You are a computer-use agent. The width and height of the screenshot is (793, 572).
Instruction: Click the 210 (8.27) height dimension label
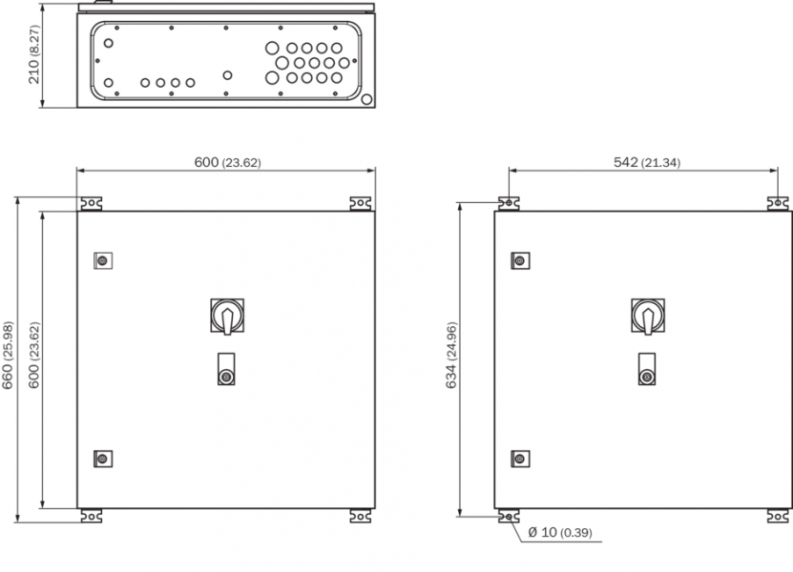point(34,54)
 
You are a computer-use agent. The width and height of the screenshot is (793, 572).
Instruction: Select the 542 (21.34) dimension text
point(647,162)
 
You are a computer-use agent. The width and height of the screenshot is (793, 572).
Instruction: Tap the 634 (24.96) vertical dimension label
point(451,356)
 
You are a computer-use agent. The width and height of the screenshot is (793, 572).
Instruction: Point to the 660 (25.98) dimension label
point(8,356)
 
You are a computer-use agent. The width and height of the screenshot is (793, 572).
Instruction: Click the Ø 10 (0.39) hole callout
point(560,532)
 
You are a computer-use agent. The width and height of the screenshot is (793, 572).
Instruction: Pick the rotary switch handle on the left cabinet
point(227,316)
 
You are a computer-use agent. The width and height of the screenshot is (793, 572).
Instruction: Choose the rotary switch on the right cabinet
point(648,316)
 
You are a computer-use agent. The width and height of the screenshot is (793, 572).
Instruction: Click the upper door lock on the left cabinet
point(103,260)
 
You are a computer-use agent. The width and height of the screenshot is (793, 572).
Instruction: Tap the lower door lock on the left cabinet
point(103,459)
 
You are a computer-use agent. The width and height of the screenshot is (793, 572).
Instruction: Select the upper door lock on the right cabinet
point(520,260)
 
